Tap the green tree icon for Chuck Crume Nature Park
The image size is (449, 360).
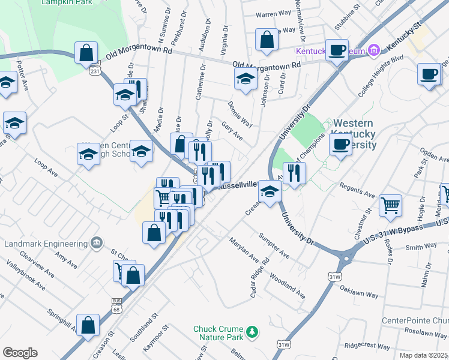pos(253,331)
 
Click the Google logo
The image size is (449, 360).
pos(19,352)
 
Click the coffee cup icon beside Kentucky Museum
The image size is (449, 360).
pos(339,49)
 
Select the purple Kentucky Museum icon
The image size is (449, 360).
pos(375,50)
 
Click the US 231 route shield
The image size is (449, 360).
pos(95,71)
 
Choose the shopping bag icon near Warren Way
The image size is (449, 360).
pos(267,40)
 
